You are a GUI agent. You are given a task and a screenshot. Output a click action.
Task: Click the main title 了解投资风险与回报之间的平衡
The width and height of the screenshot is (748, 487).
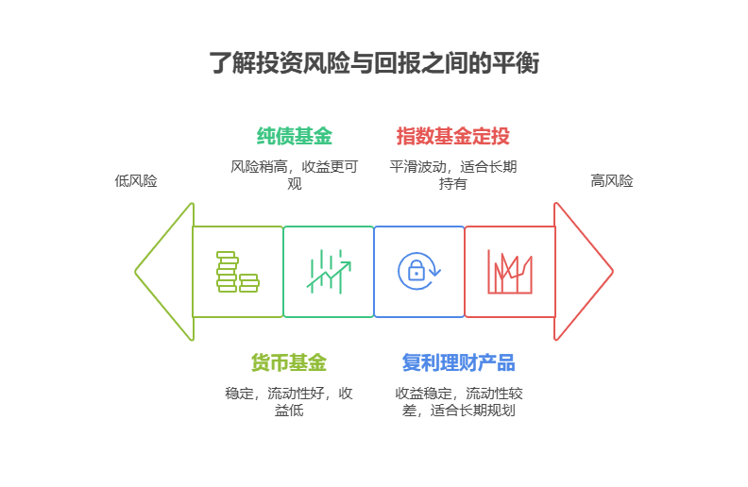tap(374, 63)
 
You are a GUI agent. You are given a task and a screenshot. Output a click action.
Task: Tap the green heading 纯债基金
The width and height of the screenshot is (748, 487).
tap(295, 136)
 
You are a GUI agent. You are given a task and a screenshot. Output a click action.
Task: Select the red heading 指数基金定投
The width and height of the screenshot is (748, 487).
tap(453, 136)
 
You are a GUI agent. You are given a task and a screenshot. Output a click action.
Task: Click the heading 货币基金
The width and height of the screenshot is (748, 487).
tap(288, 362)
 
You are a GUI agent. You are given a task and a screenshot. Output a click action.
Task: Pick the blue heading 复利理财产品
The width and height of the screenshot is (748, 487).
tap(459, 362)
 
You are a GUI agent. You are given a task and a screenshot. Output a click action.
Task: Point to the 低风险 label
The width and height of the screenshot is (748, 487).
tap(136, 181)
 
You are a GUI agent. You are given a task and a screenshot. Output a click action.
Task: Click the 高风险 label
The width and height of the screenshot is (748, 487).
tap(612, 181)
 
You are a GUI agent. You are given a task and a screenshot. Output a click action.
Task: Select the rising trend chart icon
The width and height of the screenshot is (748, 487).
tap(328, 272)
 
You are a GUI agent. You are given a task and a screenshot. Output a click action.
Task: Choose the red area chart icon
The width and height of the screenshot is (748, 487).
tap(509, 272)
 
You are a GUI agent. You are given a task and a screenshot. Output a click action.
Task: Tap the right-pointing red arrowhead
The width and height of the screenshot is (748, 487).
tap(584, 272)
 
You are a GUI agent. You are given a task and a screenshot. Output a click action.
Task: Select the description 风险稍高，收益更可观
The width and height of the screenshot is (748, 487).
tap(295, 175)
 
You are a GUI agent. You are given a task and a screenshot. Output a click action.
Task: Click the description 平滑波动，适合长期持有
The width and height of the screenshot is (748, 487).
tap(452, 175)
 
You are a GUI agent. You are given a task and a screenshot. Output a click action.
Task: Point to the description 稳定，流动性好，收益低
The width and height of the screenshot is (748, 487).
tap(289, 401)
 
